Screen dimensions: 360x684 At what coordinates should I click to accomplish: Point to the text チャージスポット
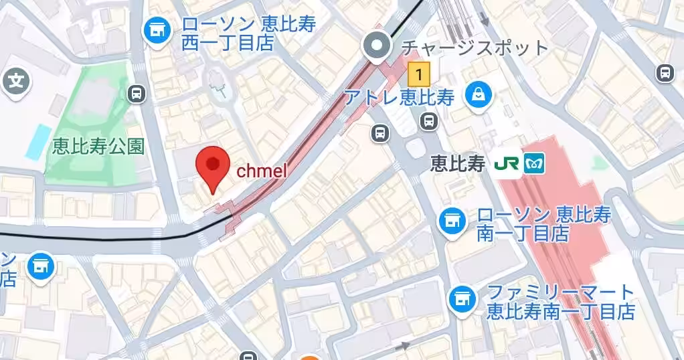473,48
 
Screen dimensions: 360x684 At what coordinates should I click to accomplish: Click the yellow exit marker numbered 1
419,70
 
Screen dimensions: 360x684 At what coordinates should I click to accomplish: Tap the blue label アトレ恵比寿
400,98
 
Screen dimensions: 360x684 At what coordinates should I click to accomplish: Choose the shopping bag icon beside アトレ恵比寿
479,95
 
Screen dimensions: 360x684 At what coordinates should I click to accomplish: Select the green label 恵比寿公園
98,147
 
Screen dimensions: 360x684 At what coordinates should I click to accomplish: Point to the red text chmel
262,171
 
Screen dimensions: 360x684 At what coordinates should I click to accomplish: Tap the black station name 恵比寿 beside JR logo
457,164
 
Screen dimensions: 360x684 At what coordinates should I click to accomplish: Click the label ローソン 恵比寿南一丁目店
543,224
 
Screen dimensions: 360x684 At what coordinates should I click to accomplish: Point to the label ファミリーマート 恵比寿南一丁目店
560,301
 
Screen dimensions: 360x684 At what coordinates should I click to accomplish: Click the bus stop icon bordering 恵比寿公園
137,94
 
